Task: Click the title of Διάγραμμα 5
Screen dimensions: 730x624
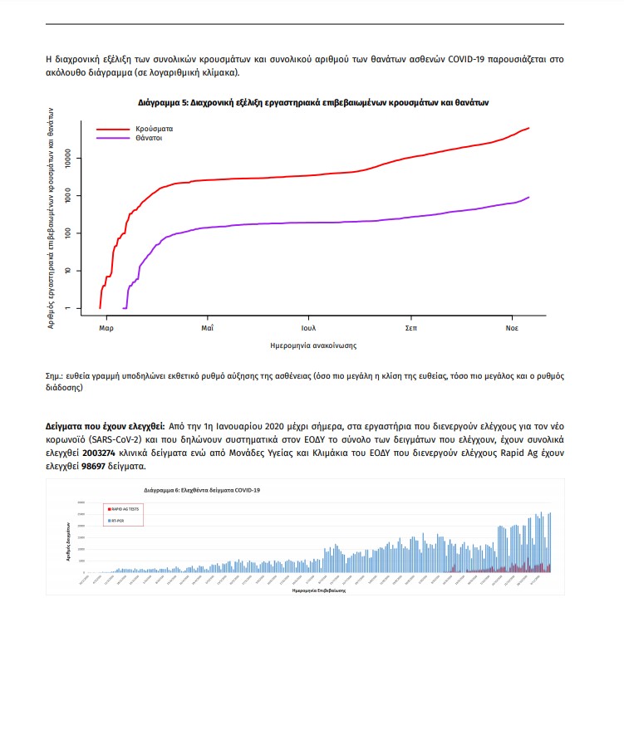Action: [x=313, y=103]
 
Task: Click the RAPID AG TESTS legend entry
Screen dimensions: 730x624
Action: [x=126, y=507]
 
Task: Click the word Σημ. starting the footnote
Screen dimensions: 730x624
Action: [x=55, y=375]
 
